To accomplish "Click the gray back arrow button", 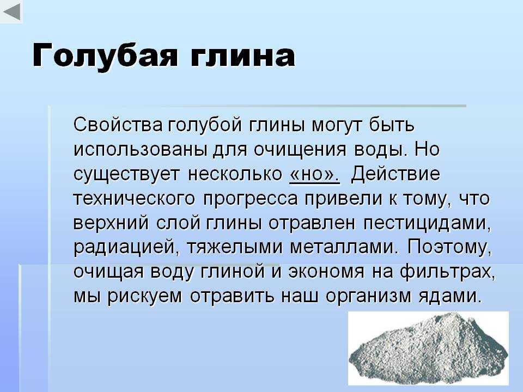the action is pyautogui.click(x=11, y=11).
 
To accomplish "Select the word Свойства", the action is pyautogui.click(x=118, y=125).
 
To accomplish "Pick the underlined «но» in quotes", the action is pyautogui.click(x=314, y=174).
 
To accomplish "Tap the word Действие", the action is pyautogui.click(x=396, y=174).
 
